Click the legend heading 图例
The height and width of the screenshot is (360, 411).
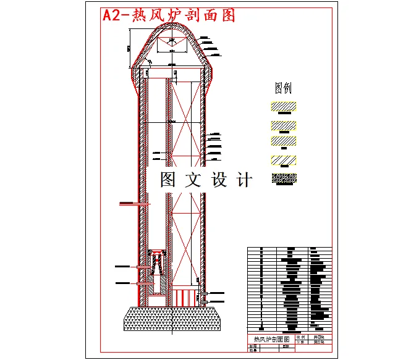point(283,88)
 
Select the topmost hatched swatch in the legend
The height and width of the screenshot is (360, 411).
point(283,106)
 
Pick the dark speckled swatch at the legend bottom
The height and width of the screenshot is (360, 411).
point(284,179)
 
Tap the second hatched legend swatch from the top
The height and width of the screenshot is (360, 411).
point(283,125)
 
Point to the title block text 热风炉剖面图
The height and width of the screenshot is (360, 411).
point(268,340)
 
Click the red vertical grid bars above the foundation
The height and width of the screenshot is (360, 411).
point(185,297)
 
